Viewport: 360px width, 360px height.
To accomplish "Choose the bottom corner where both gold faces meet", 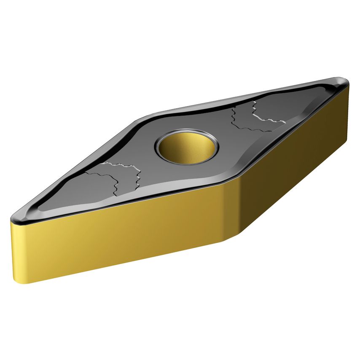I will [x=228, y=240].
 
